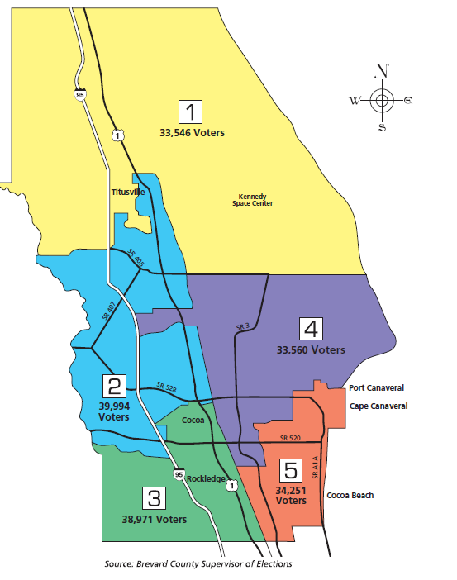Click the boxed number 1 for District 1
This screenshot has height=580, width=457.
tap(192, 112)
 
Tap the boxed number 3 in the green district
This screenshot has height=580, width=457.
tap(155, 498)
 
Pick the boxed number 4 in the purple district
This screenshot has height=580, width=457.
tap(311, 330)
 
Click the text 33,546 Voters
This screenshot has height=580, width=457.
tap(192, 132)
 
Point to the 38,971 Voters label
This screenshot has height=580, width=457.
tap(155, 519)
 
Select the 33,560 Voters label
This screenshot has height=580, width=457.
tap(311, 350)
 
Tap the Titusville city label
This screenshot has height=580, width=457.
tap(128, 192)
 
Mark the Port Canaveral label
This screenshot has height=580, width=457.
tap(377, 387)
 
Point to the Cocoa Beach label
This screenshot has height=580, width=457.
tap(350, 496)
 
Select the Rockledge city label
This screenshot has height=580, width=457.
tap(205, 478)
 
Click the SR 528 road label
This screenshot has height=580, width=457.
tap(167, 386)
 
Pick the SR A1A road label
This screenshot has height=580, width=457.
tap(315, 468)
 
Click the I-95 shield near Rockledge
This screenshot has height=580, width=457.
tap(179, 474)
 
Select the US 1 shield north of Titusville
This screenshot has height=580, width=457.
tap(118, 135)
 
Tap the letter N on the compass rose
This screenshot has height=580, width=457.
tap(381, 70)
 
